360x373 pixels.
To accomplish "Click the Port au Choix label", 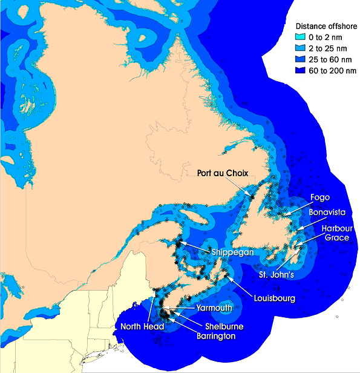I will point(223,173).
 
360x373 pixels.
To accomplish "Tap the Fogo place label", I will point(320,197).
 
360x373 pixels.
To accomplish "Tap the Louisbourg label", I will point(275,299).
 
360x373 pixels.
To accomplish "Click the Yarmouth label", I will point(214,308).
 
